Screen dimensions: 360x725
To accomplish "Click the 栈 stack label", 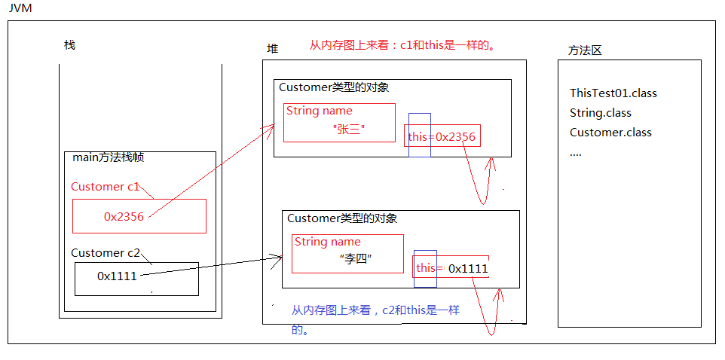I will pos(69,45).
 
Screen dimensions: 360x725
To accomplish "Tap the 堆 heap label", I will pos(272,48).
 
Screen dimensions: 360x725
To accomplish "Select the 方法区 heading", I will pos(585,50).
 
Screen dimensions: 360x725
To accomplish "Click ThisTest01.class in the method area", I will pos(613,93).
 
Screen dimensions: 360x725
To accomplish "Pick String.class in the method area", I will pos(600,113).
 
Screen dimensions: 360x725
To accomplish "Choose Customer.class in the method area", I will pos(610,133).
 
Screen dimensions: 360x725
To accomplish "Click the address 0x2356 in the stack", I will pos(124,216).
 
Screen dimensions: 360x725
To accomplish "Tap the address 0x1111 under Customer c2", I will pos(117,276).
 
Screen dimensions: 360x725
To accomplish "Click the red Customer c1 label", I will pos(107,187).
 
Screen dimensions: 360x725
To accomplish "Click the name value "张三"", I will pos(348,130).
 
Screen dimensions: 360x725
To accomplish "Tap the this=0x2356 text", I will pos(442,136).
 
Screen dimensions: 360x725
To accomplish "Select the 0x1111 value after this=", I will pos(468,268).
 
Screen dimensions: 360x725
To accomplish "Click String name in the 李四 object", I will pos(327,242).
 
